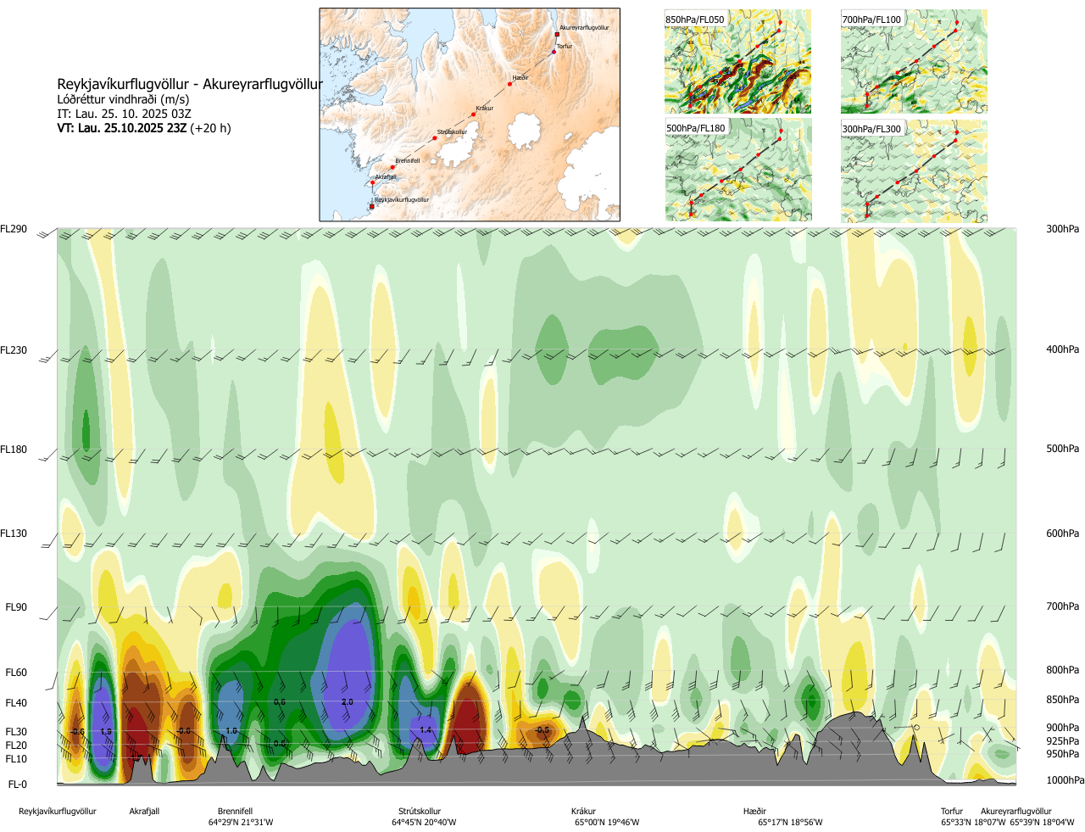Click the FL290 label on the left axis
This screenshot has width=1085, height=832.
14,229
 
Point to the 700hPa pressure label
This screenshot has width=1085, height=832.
1062,606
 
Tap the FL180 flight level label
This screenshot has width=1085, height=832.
14,450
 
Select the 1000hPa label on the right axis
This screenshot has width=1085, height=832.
1065,780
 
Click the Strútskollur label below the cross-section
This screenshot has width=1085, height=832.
420,812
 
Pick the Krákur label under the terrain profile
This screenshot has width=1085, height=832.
583,812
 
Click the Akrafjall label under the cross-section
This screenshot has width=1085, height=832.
144,812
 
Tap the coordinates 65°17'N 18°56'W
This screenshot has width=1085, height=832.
790,823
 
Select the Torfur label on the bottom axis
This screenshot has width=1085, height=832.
952,812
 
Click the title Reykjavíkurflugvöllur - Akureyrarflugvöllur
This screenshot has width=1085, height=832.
190,84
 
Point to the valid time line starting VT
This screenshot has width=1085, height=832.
144,128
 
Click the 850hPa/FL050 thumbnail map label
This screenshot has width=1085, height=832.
695,20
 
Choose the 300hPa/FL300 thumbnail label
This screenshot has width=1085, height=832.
871,129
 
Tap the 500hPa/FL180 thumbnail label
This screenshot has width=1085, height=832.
696,129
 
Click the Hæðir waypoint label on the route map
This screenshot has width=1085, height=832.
520,78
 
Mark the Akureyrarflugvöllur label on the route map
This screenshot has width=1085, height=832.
584,28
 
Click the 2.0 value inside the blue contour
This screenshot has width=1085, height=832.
348,702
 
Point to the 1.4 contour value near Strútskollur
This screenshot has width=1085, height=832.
426,729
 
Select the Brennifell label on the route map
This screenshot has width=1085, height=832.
407,160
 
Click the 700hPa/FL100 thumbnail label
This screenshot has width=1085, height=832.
871,20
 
